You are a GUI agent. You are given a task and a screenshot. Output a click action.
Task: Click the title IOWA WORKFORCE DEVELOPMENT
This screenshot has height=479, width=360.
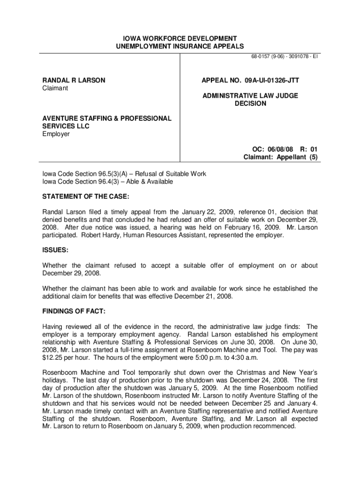pyautogui.click(x=180, y=38)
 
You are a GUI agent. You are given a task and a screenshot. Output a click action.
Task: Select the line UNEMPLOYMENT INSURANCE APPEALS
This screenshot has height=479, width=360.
pyautogui.click(x=180, y=46)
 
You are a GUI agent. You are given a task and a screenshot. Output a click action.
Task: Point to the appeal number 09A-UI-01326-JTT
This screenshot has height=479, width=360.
pyautogui.click(x=269, y=80)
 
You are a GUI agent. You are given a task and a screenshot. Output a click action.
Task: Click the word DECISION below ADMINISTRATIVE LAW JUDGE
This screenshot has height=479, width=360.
pyautogui.click(x=250, y=103)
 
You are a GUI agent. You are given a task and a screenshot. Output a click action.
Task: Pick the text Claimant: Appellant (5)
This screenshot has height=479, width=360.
pyautogui.click(x=281, y=157)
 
